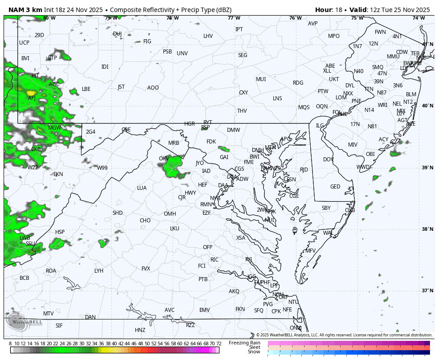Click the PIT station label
click(x=35, y=76)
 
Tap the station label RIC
click(x=215, y=260)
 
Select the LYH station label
click(x=99, y=271)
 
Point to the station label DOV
click(x=328, y=160)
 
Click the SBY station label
click(x=326, y=208)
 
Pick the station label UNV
click(x=182, y=53)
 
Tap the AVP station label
click(x=313, y=24)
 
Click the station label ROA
click(x=51, y=271)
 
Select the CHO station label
click(x=145, y=221)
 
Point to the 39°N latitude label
click(x=427, y=168)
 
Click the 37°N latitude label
click(x=427, y=290)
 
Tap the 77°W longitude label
click(x=234, y=18)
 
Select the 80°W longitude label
click(x=49, y=18)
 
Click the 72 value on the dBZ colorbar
click(x=219, y=344)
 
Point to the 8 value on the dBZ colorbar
click(x=10, y=344)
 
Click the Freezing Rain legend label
click(x=244, y=343)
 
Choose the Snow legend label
click(x=254, y=352)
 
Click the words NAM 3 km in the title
click(x=24, y=10)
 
